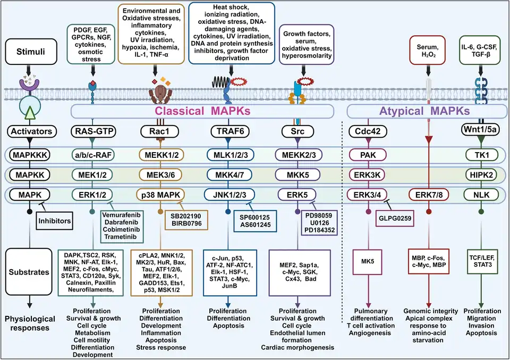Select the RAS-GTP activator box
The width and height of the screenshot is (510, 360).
93,131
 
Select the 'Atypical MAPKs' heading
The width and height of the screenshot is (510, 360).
426,111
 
